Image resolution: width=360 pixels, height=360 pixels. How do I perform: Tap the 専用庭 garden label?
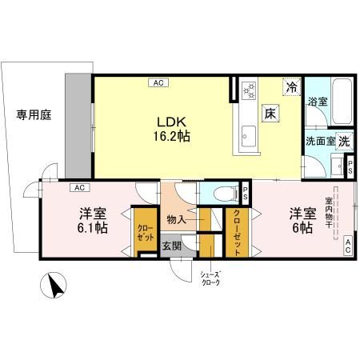[34, 115]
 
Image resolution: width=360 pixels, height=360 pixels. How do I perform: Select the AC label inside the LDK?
[158, 82]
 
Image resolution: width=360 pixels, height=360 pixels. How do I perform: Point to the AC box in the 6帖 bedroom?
[349, 246]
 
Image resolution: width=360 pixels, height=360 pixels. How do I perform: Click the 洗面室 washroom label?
[318, 140]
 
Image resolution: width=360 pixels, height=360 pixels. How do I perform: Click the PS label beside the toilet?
[246, 193]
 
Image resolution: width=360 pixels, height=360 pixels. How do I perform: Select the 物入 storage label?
[178, 218]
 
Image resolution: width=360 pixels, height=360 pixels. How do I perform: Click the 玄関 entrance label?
[172, 246]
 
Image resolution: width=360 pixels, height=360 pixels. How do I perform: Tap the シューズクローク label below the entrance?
[210, 279]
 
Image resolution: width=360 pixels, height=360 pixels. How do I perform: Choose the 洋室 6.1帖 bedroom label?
[93, 222]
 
